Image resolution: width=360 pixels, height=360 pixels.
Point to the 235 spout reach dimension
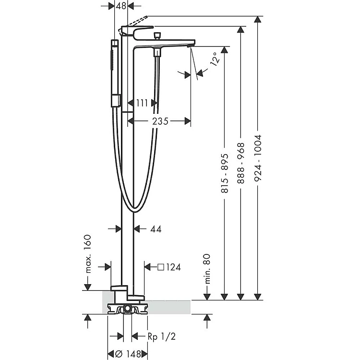160,121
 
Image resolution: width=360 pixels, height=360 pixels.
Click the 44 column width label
156,229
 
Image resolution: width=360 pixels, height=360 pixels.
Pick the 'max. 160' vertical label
88,254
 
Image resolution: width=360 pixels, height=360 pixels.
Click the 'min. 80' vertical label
207,269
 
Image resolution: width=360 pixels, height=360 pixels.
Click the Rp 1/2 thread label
161,336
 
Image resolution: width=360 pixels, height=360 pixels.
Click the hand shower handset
114,72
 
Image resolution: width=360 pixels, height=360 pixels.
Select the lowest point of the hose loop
135,210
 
